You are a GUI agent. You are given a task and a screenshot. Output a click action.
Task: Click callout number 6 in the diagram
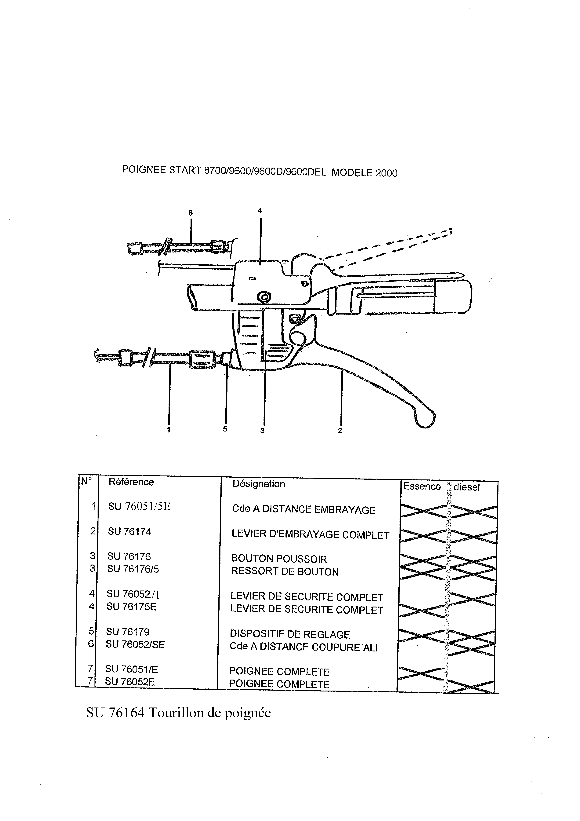191,213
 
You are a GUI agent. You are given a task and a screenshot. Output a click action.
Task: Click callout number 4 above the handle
260,211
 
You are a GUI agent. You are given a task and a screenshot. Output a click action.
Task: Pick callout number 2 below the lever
340,431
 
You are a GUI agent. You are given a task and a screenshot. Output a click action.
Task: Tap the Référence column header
131,482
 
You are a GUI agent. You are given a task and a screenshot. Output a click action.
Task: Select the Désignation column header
259,484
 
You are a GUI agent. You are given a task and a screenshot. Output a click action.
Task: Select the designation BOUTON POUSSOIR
279,559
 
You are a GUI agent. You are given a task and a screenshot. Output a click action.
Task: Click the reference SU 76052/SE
135,644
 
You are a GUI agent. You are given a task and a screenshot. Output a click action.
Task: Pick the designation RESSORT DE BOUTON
285,571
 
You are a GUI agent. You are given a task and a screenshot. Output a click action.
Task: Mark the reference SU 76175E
131,607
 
